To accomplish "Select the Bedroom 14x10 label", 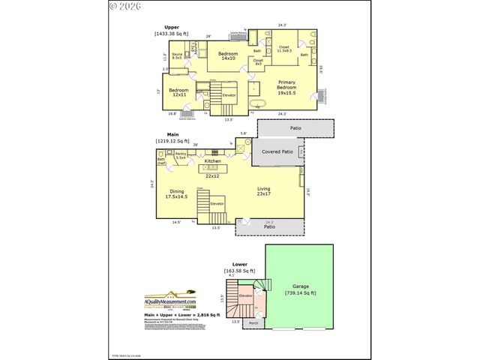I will point(227,56).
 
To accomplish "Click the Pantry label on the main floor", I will point(181,156).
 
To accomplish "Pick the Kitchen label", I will point(213,160).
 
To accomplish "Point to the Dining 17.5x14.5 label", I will point(177,193).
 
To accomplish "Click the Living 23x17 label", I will point(263,191).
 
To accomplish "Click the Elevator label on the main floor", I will point(217,203).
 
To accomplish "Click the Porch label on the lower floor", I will point(253,323).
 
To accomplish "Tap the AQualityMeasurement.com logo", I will point(169,301).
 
